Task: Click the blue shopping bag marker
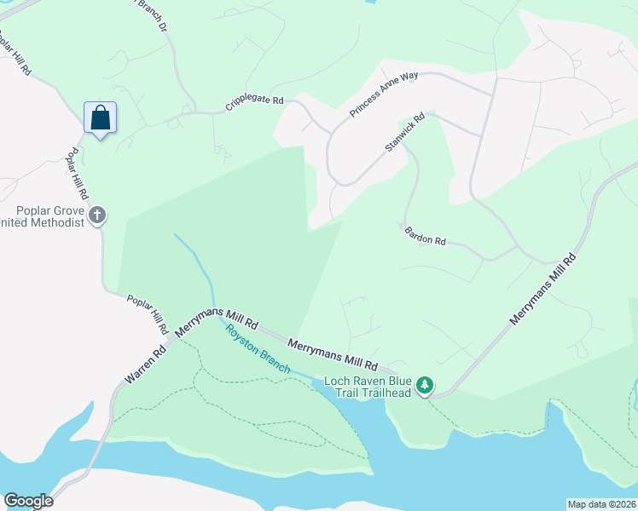pyautogui.click(x=100, y=118)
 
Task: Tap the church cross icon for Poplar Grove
pyautogui.click(x=97, y=215)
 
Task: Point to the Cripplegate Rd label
pyautogui.click(x=254, y=103)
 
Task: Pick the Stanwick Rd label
pyautogui.click(x=404, y=134)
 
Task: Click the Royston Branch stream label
pyautogui.click(x=258, y=351)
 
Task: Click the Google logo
pyautogui.click(x=28, y=501)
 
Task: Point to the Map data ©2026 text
pyautogui.click(x=601, y=504)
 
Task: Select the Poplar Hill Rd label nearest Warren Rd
pyautogui.click(x=148, y=314)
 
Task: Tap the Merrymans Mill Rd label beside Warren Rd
pyautogui.click(x=216, y=319)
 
